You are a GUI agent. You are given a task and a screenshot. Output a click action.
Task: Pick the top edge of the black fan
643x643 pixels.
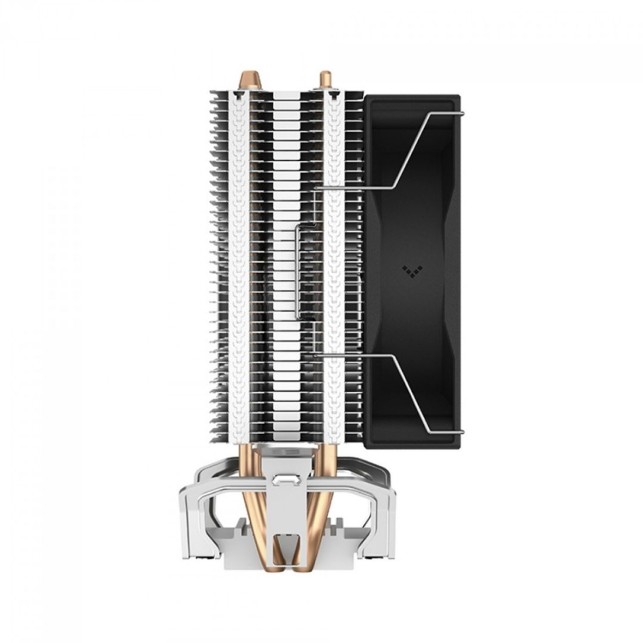[412, 97]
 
